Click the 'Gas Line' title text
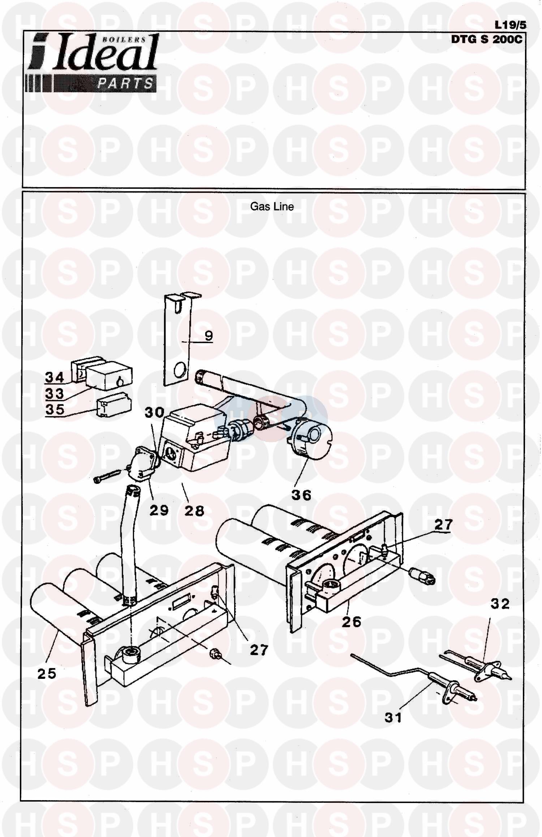[x=272, y=207]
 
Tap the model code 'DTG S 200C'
[x=486, y=39]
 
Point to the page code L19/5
[x=510, y=25]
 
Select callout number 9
[x=209, y=336]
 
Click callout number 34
[x=55, y=377]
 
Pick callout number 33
[x=55, y=393]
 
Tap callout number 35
[x=55, y=409]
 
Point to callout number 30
[x=154, y=412]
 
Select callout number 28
[x=194, y=511]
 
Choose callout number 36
[x=301, y=495]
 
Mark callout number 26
[x=352, y=622]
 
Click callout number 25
[x=47, y=673]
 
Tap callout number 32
[x=500, y=604]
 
